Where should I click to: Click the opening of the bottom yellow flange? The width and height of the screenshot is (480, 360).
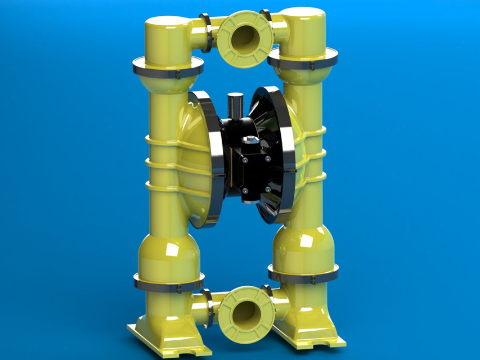(x=246, y=313)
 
